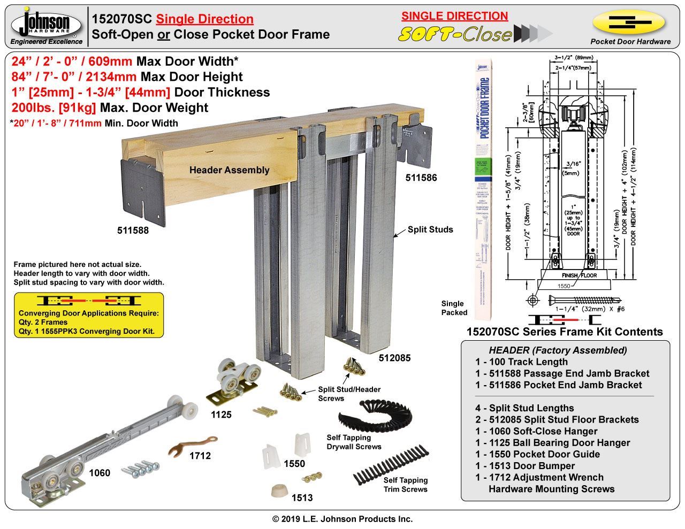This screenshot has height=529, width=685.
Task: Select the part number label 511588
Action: (x=133, y=231)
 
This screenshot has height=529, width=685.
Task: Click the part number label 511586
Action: (x=421, y=178)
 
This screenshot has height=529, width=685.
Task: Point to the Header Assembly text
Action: (x=229, y=170)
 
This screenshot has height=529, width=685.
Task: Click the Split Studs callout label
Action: (x=430, y=229)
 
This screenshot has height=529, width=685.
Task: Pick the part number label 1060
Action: (x=100, y=473)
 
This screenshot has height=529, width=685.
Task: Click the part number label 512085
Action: (x=394, y=358)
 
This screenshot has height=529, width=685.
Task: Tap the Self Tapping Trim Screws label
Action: (x=405, y=485)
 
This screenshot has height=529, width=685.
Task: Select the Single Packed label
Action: (x=454, y=308)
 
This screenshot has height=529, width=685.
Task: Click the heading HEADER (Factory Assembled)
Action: (x=558, y=350)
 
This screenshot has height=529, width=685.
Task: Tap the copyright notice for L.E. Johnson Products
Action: (x=342, y=519)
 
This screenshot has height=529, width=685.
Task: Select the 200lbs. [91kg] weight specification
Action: (x=110, y=108)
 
